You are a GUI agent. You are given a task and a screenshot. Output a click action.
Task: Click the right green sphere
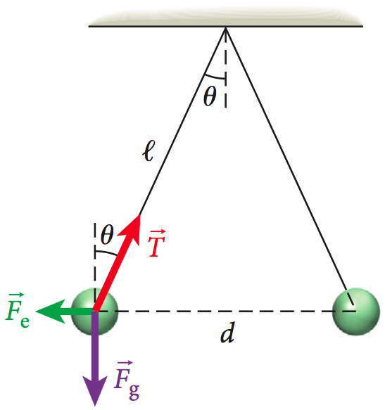click(355, 309)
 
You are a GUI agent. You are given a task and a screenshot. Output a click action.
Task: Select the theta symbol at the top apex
click(210, 97)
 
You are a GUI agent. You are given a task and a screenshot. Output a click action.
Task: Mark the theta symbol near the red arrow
click(107, 231)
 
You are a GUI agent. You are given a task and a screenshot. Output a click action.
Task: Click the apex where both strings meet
click(225, 27)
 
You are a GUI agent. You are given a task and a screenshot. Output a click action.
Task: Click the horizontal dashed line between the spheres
click(225, 310)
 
